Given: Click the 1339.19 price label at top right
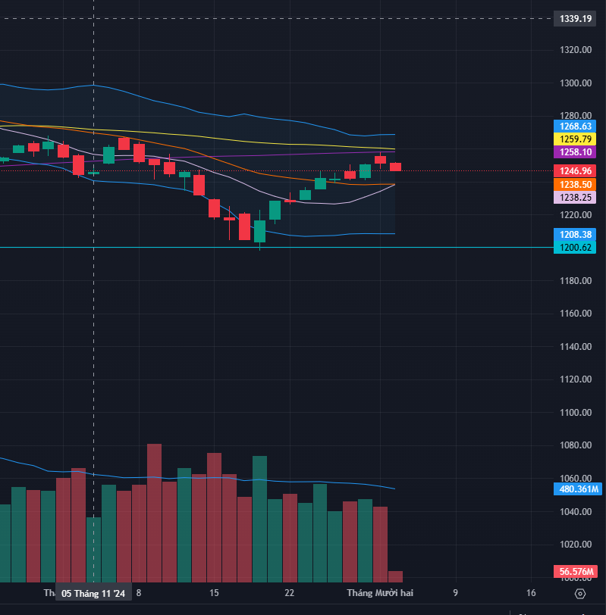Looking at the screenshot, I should [576, 18].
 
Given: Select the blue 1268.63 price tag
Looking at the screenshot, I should [575, 126].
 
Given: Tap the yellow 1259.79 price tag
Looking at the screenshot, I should [575, 139].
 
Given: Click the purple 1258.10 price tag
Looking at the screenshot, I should [575, 153].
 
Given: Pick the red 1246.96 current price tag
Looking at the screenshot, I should [575, 171].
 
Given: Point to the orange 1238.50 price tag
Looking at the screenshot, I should [575, 184].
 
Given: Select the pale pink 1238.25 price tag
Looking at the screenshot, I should [575, 197].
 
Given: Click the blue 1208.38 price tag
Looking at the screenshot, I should [575, 235].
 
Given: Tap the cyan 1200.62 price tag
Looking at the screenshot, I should [575, 248].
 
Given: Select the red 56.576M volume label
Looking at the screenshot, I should [576, 572].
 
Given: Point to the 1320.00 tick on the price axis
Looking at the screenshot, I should [576, 50].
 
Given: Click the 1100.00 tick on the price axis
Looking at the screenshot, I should [576, 413].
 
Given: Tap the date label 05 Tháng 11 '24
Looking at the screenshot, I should [94, 593].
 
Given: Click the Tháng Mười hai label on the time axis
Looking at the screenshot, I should [380, 592].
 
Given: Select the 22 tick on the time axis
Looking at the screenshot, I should [289, 592].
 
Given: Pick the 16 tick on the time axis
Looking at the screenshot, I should [531, 592].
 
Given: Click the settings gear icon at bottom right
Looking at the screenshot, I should [581, 593].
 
